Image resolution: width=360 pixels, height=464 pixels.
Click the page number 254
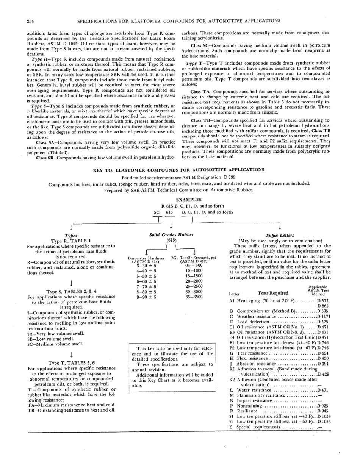coord(31,20)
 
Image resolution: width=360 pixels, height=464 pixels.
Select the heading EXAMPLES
coord(189,200)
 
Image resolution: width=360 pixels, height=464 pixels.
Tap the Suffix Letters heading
coord(280,235)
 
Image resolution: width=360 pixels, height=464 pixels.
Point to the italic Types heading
coord(71,236)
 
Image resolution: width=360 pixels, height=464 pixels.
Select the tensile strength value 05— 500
coord(194,266)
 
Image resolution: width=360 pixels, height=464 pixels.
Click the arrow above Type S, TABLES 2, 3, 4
coord(71,283)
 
